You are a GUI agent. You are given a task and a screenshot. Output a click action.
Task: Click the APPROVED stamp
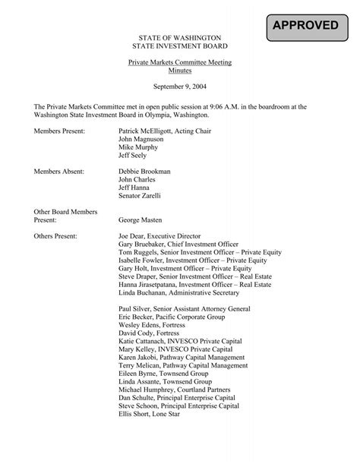(x=306, y=26)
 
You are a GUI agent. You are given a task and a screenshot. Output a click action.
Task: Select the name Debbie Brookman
(x=145, y=172)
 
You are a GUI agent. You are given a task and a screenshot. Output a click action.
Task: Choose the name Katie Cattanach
(x=144, y=342)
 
